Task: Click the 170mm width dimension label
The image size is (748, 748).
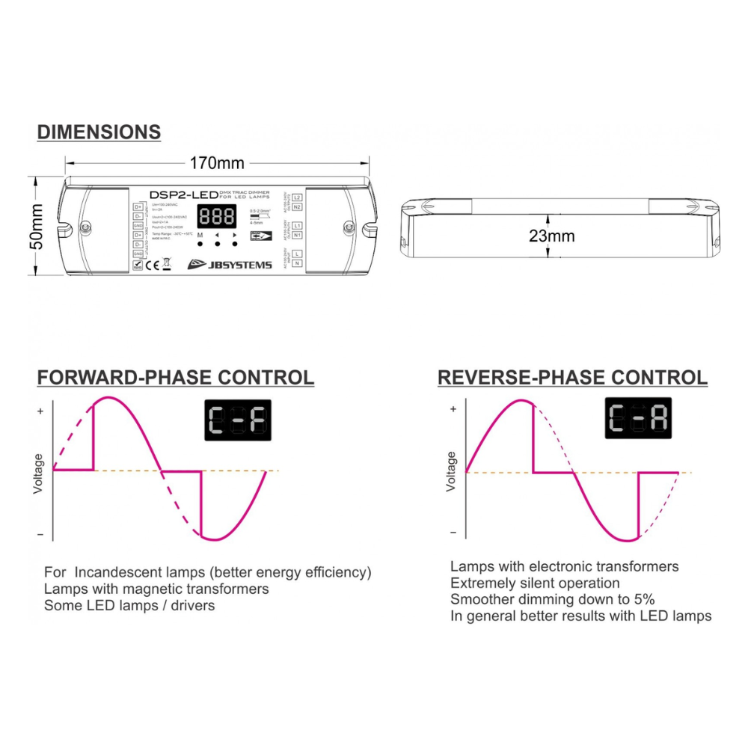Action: click(217, 162)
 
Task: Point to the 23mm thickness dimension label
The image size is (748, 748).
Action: click(552, 236)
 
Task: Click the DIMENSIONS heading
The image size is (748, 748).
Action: click(99, 132)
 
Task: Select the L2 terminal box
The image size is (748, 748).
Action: click(297, 197)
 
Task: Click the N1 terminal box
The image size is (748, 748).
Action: click(297, 235)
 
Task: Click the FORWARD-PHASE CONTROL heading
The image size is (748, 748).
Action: click(176, 377)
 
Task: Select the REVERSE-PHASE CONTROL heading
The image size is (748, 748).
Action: click(572, 377)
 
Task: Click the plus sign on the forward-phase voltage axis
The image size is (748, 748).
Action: click(40, 411)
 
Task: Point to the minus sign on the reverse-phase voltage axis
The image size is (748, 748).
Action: click(453, 533)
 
